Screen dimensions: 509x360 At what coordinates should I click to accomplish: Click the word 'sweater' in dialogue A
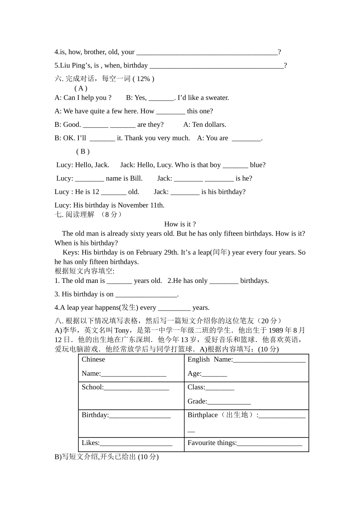click(216, 98)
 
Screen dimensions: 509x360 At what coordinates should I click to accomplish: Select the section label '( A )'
click(81, 88)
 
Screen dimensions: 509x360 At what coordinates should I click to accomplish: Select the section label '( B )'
click(83, 151)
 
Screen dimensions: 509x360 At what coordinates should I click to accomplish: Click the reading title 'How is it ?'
click(180, 224)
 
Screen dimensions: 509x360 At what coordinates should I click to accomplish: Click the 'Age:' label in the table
click(194, 373)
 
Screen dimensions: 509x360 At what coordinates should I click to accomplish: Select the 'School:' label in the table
click(92, 387)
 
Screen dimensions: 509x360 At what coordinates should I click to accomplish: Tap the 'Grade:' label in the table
click(197, 401)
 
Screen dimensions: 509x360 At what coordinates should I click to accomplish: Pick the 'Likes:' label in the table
click(91, 443)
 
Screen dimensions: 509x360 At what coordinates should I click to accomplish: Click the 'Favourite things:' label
click(212, 443)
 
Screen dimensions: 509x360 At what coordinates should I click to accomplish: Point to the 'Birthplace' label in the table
click(203, 415)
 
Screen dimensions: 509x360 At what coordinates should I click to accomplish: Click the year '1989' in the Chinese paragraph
click(277, 331)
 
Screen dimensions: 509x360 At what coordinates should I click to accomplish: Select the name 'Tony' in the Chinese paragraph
click(121, 331)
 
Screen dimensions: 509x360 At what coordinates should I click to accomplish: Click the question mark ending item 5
click(285, 66)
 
